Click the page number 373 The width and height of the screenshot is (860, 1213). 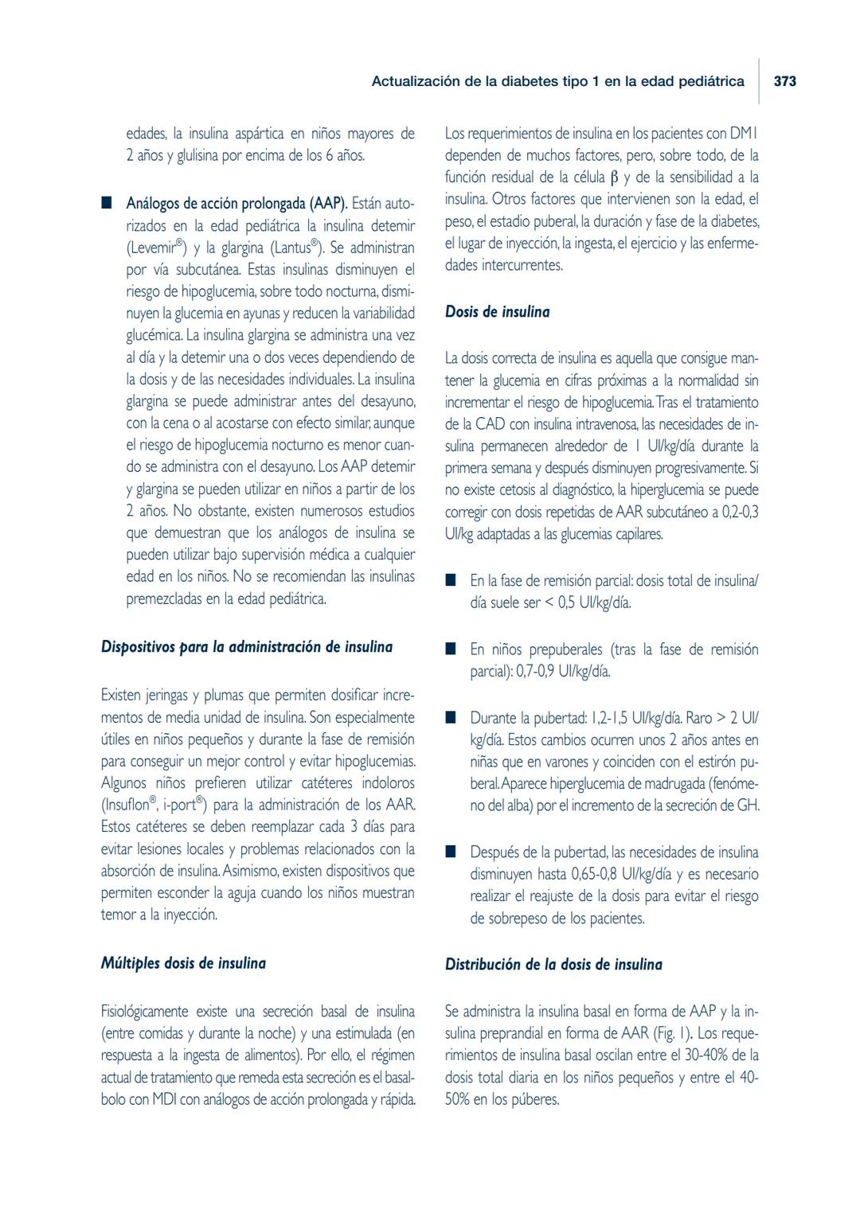coord(784,81)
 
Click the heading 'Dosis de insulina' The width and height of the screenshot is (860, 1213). coord(497,312)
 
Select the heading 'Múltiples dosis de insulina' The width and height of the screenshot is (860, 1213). coord(183,963)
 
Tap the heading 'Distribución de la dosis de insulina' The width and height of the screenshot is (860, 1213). coord(553,965)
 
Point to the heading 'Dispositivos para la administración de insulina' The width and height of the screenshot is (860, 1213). coord(247,647)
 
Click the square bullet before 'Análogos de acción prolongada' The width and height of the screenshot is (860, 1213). coord(106,203)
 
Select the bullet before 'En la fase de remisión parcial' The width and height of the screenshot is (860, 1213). coord(451,580)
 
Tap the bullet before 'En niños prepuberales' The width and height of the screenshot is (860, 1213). coord(451,649)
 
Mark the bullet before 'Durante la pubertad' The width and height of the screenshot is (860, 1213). coord(451,717)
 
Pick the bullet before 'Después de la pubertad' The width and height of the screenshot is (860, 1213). coord(451,852)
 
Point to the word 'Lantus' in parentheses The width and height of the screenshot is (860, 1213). coord(291,248)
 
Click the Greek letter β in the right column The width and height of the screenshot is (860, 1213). coord(613,177)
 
